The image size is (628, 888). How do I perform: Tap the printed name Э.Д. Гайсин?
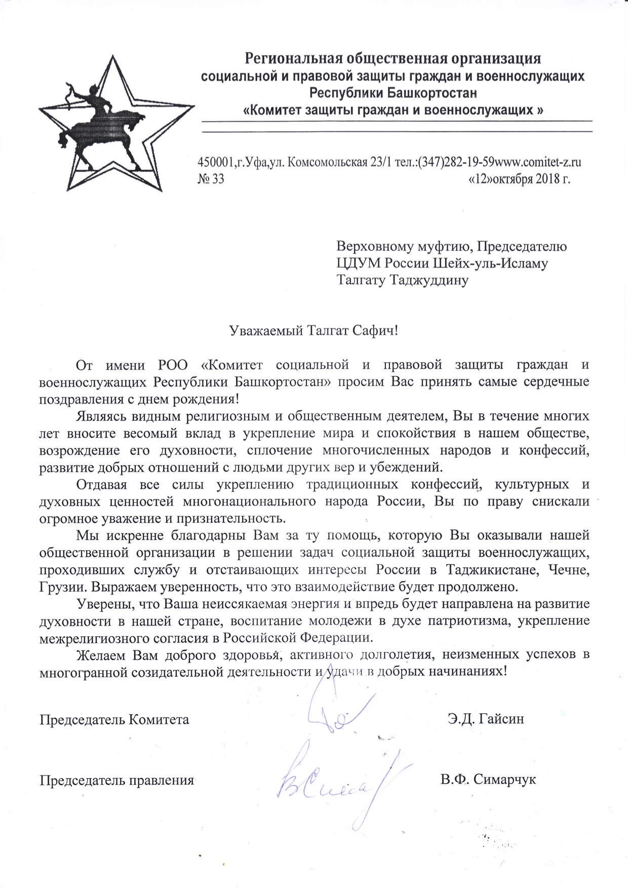point(486,719)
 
